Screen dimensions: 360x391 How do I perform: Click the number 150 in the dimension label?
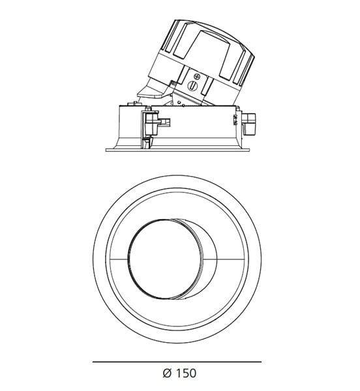tap(186, 373)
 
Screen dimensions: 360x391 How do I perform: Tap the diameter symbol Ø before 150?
tap(167, 373)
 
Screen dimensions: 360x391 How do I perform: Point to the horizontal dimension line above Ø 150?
tap(177, 362)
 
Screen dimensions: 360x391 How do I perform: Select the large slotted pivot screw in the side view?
tap(192, 85)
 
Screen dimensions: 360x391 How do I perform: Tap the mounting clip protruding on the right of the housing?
tap(249, 124)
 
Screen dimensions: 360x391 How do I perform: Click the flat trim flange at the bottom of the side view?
tap(177, 150)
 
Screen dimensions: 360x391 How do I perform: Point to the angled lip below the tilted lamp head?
tap(151, 91)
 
